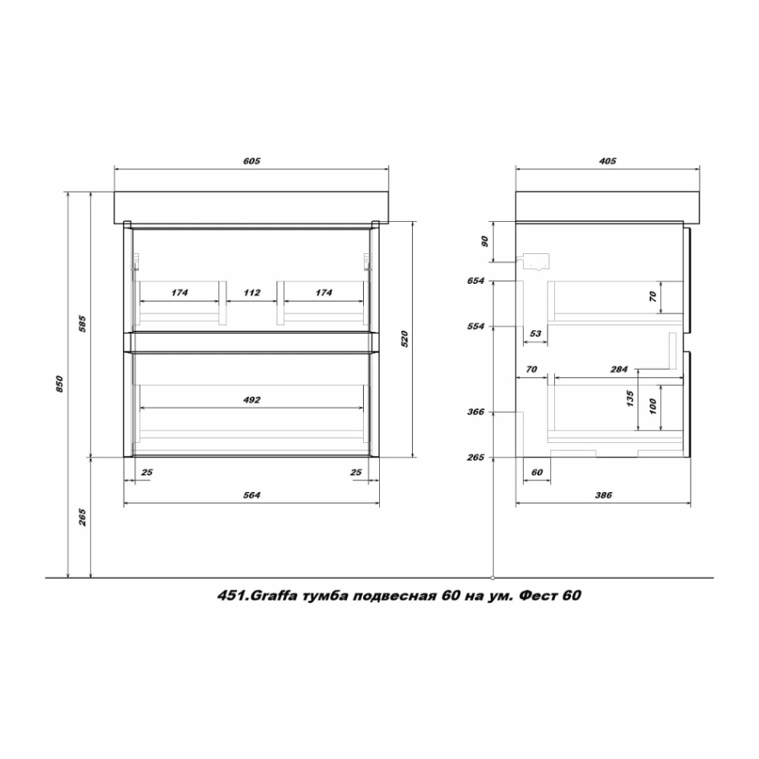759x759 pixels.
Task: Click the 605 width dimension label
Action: coord(251,161)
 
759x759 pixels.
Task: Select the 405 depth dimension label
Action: coord(607,161)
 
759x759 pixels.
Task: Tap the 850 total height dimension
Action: coord(59,384)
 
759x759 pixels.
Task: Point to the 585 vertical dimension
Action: coord(82,324)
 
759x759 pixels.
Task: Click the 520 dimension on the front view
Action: coord(405,338)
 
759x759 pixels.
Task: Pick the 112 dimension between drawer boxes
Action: coord(251,293)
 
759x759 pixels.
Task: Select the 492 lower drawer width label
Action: coord(251,400)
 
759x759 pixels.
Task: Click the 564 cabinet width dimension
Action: coord(251,494)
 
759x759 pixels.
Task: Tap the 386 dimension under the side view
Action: coord(603,494)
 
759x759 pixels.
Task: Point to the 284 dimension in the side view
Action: coord(618,369)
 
